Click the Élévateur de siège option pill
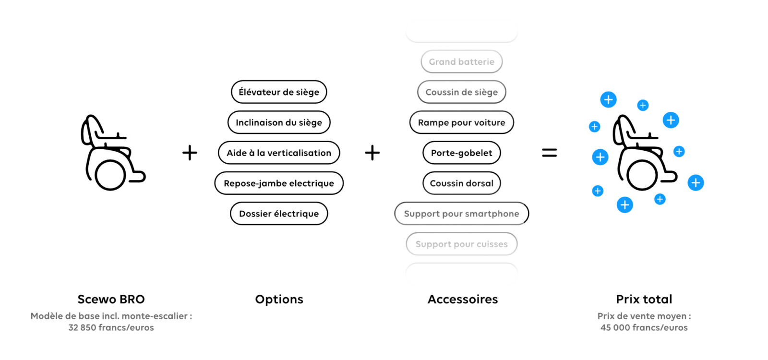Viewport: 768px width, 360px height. pos(279,92)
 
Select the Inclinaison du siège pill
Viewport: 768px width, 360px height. pos(279,122)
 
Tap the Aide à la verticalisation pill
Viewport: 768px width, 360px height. pos(279,153)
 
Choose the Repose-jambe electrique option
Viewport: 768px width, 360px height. pos(279,183)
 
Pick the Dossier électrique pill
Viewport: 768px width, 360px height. pos(279,214)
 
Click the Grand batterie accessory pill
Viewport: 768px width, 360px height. pos(461,62)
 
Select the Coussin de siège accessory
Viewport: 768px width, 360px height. pos(461,92)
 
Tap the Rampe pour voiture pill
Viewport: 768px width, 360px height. pos(461,122)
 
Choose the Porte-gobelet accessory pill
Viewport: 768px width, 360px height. pos(461,153)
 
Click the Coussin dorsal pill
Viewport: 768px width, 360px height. pos(461,183)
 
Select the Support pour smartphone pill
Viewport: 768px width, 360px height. pos(461,214)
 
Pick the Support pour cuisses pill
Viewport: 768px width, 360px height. pos(461,244)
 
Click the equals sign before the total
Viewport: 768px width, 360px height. pos(549,153)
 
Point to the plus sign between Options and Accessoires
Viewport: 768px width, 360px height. pos(372,153)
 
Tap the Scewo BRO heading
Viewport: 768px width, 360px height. pos(111,300)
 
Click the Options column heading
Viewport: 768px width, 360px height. pos(279,300)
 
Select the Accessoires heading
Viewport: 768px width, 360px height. pos(463,300)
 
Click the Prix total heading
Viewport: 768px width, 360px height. pos(644,300)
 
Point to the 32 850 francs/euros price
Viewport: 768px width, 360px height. pos(111,328)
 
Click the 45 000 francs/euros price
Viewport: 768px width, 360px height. pos(644,328)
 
